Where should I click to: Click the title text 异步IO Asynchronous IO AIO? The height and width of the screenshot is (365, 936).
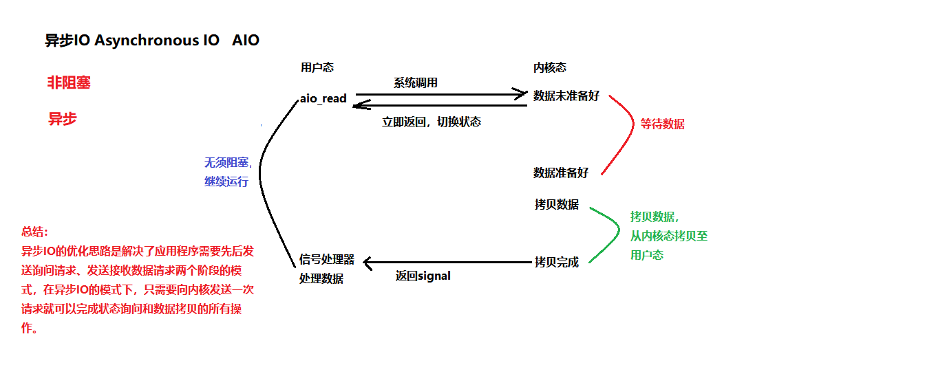[x=152, y=41]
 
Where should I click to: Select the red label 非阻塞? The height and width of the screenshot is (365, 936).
[x=69, y=83]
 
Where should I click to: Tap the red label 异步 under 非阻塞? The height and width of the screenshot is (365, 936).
[x=62, y=118]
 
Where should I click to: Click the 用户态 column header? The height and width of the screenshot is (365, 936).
[x=317, y=67]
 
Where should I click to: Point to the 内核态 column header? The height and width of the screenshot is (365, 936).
[x=550, y=67]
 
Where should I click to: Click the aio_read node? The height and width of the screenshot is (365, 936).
[x=323, y=98]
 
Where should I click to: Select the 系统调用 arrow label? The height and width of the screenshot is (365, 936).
[x=416, y=82]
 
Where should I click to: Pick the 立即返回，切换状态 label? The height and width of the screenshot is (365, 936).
[x=432, y=122]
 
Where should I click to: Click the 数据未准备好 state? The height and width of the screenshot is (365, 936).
[x=566, y=96]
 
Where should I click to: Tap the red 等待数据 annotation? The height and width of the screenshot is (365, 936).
[x=663, y=124]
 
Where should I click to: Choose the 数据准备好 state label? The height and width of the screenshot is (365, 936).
[x=561, y=173]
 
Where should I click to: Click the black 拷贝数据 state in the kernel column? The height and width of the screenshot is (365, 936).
[x=556, y=205]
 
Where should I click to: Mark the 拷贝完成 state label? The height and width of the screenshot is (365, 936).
[x=556, y=262]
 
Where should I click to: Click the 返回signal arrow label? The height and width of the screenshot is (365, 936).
[x=423, y=276]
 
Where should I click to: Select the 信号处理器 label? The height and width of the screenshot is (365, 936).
[x=327, y=259]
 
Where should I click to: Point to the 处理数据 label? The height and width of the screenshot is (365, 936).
[x=321, y=278]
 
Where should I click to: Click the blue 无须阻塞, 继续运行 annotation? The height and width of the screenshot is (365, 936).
[x=226, y=173]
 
